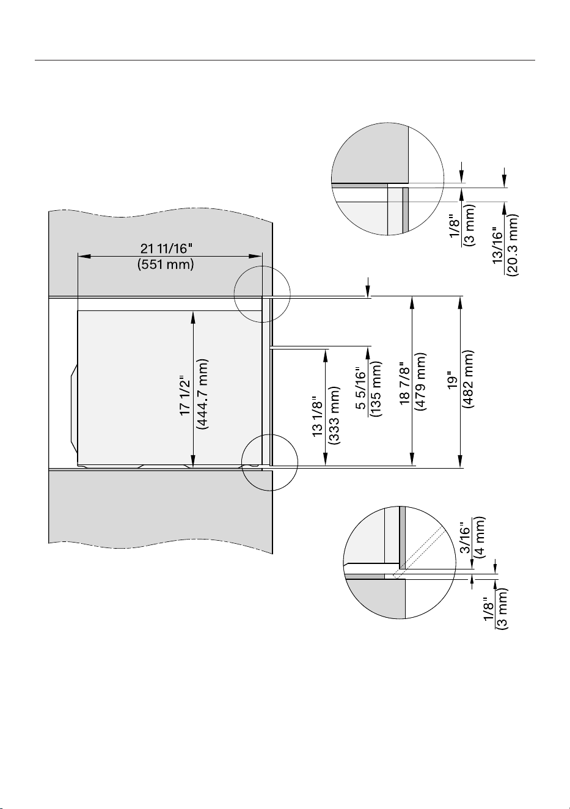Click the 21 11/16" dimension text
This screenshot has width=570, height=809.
click(167, 249)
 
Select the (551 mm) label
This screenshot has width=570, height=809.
click(166, 265)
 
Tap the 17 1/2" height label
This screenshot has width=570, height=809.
click(185, 395)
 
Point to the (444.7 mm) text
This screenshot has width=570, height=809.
click(202, 394)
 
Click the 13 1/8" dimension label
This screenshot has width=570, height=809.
click(317, 416)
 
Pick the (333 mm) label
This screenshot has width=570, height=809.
click(334, 415)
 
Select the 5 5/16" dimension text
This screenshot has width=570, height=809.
click(361, 388)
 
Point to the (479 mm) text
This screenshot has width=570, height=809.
click(421, 382)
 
